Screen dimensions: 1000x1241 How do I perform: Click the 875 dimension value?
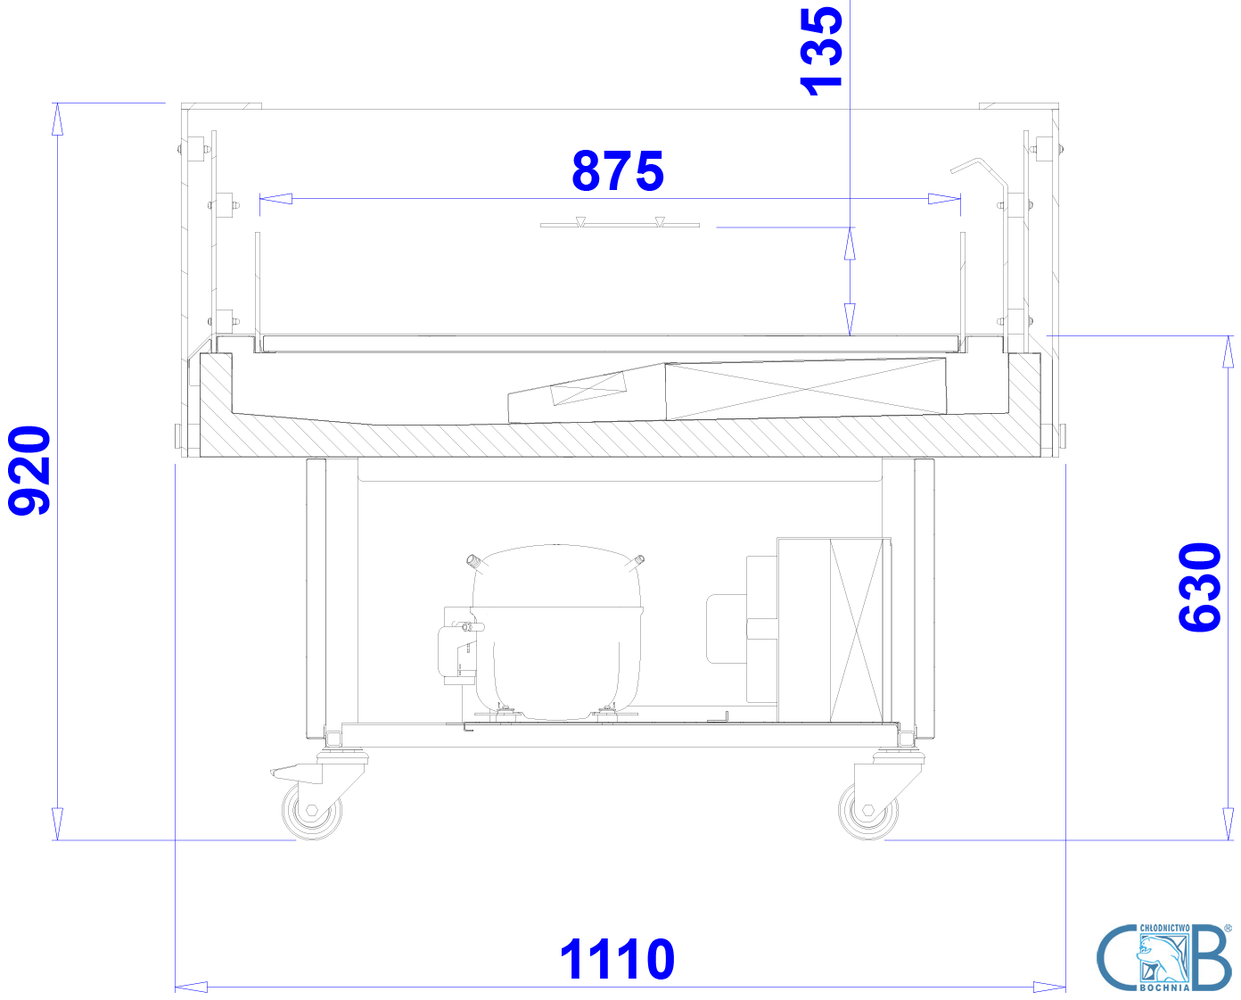click(618, 170)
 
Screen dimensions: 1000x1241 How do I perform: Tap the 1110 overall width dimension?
click(617, 960)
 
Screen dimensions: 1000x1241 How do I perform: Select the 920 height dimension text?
click(29, 470)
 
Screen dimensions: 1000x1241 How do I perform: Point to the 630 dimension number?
click(1200, 587)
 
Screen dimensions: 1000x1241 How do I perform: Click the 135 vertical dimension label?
click(821, 50)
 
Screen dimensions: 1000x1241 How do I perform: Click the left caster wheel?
click(312, 811)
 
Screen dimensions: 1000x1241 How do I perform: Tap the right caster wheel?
click(867, 811)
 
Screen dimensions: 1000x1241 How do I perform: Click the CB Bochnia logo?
click(1164, 958)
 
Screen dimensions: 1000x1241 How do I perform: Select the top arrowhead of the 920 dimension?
click(57, 119)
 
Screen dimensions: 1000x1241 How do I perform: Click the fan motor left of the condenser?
click(726, 629)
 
